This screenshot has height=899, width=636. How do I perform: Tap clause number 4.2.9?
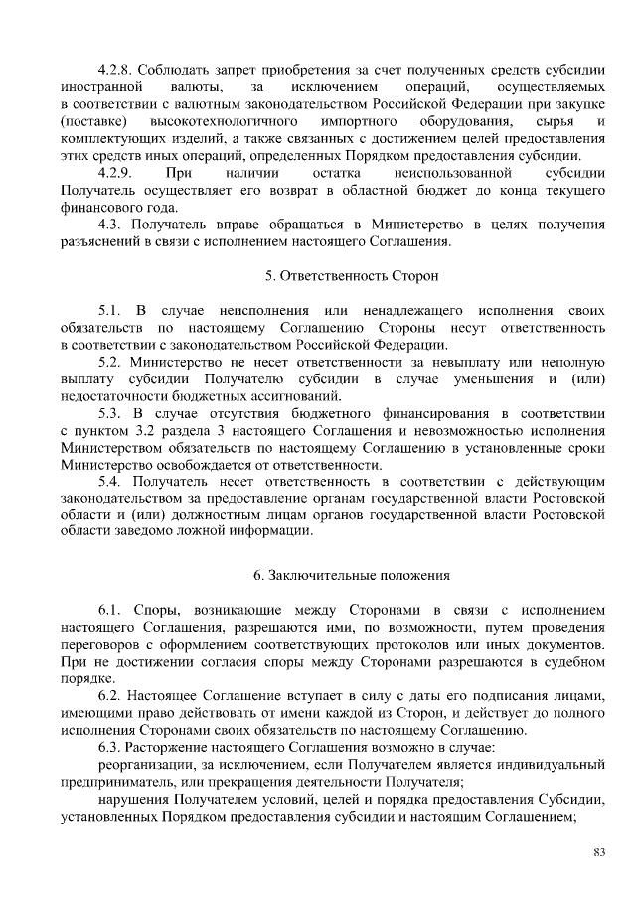pyautogui.click(x=117, y=173)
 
